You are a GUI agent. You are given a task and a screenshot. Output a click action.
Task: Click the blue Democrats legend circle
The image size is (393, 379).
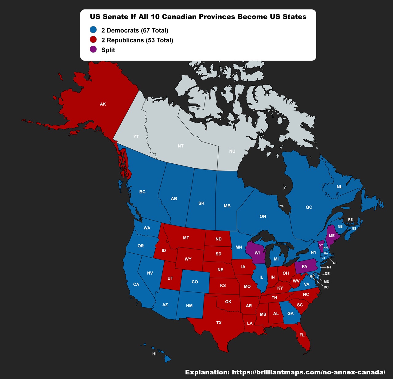93,30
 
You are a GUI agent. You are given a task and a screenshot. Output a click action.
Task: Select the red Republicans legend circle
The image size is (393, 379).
93,40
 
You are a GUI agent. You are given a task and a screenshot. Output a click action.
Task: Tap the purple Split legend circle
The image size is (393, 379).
93,49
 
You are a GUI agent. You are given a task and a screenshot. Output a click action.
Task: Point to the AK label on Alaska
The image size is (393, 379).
103,104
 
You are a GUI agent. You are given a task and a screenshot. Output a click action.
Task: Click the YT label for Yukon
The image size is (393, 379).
136,137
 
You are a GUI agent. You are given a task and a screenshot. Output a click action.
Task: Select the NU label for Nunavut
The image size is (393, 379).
232,151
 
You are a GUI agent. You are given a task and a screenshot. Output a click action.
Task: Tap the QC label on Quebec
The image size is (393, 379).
309,207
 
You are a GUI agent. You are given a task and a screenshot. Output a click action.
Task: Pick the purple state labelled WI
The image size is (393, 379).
257,253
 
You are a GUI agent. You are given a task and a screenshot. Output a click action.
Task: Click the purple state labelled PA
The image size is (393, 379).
304,267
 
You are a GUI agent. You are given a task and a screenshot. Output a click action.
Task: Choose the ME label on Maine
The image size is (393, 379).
332,236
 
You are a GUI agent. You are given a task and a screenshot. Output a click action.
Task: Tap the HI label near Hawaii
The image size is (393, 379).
154,354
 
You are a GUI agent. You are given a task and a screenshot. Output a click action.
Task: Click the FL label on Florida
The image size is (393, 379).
302,335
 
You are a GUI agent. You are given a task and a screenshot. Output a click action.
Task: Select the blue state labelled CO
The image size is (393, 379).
195,282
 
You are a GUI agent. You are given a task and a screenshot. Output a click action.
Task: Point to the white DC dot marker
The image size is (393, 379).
311,277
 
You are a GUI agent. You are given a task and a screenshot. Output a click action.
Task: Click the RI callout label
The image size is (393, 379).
335,263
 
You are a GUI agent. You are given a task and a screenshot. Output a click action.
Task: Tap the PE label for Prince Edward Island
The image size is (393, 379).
350,220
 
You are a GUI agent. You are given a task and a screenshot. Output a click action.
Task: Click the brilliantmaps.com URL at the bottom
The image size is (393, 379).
308,372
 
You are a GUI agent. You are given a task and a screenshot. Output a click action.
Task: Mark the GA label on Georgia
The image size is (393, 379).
290,314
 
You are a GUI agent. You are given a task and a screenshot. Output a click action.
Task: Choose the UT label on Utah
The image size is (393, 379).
170,279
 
